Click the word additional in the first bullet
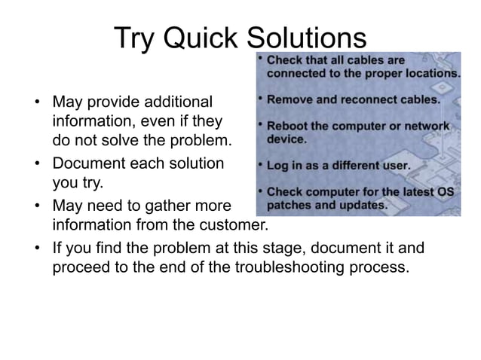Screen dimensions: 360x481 click(175, 101)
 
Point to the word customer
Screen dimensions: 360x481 click(234, 225)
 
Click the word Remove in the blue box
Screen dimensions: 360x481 click(289, 99)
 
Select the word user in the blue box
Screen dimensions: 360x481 click(395, 165)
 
